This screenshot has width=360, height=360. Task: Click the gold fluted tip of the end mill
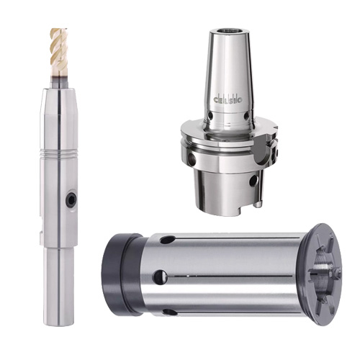[58, 48]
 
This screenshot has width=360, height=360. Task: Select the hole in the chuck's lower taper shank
[253, 181]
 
